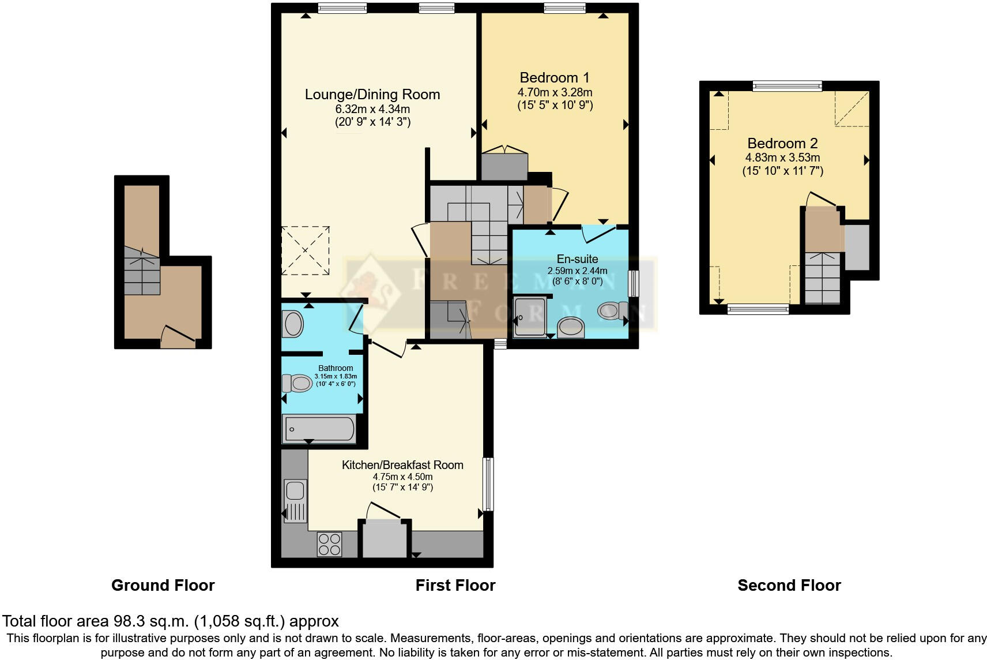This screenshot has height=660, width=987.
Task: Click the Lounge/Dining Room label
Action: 372,94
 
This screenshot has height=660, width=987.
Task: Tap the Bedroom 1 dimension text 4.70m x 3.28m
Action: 555,92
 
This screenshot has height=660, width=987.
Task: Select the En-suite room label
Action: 577,259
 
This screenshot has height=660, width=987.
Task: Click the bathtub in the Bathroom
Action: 318,429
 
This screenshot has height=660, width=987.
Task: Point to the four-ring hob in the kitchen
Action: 329,544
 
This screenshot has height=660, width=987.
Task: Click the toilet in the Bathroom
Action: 296,383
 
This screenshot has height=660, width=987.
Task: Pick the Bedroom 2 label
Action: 782,143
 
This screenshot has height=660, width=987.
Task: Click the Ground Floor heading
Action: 163,586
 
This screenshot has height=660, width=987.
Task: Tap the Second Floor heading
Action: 789,586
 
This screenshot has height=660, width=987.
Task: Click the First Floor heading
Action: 455,586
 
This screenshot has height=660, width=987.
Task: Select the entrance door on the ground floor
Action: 178,337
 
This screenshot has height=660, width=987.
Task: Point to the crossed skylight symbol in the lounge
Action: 306,251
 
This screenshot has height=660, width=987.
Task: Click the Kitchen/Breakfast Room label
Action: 402,465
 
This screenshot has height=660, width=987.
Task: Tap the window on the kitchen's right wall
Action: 488,484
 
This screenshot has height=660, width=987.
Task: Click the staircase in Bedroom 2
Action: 822,277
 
